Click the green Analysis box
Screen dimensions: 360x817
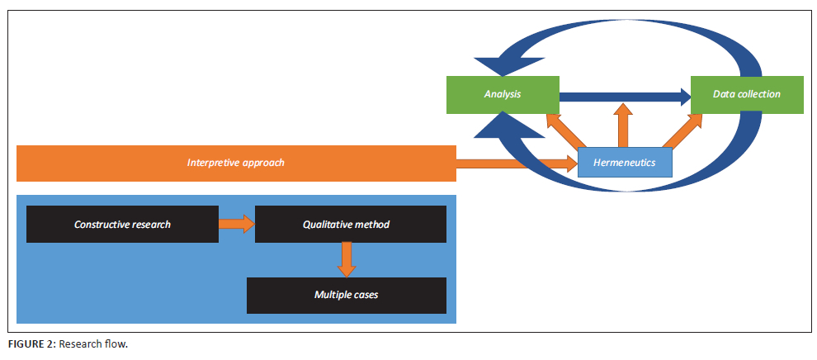503,94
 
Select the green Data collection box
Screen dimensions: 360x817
747,94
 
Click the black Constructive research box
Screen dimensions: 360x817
122,225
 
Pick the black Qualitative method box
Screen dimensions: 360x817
351,225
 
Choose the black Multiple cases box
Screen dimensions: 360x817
347,295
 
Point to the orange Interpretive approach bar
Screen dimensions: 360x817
236,163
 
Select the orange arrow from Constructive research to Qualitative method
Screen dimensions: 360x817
237,224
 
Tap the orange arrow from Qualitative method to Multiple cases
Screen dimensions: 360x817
347,260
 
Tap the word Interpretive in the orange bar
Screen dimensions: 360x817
210,163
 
